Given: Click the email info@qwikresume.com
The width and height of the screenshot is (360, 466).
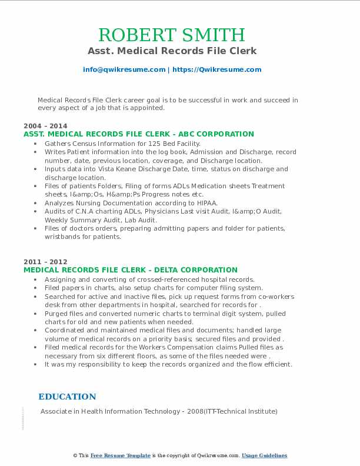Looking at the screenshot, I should pyautogui.click(x=124, y=69).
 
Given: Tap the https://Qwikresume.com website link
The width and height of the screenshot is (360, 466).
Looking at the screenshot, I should pyautogui.click(x=217, y=69).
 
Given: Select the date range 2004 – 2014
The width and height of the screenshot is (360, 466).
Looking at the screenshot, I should pyautogui.click(x=45, y=126).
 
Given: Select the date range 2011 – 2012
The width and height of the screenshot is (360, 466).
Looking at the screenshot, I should pyautogui.click(x=45, y=262).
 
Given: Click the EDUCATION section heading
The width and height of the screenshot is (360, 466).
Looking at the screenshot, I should pyautogui.click(x=67, y=397).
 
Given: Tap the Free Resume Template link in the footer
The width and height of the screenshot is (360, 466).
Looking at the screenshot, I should pyautogui.click(x=121, y=455).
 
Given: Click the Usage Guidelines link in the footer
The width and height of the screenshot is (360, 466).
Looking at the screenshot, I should pyautogui.click(x=265, y=455).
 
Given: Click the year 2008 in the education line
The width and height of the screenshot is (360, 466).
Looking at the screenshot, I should pyautogui.click(x=194, y=411).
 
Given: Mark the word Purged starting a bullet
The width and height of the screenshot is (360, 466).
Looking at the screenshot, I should pyautogui.click(x=56, y=314).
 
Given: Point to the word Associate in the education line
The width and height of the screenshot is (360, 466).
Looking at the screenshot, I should pyautogui.click(x=57, y=411).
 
